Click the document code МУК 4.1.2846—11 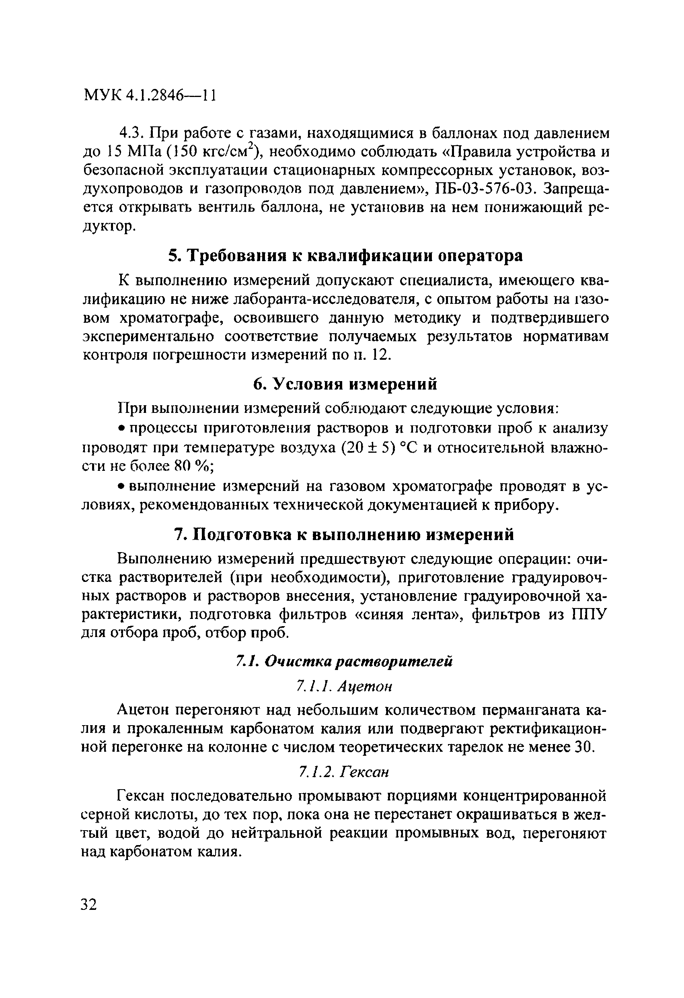click(150, 95)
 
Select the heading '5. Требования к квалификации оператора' click(345, 256)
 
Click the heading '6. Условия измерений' click(345, 384)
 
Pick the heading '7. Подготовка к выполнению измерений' click(344, 535)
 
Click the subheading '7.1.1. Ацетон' click(345, 687)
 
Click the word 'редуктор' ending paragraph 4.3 click(109, 226)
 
